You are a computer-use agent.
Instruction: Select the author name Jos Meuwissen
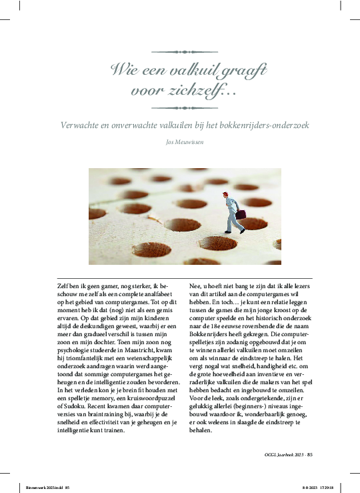[x=180, y=141]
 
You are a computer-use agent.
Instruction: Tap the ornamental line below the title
[x=180, y=107]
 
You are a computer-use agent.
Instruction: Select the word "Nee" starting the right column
[x=197, y=286]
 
